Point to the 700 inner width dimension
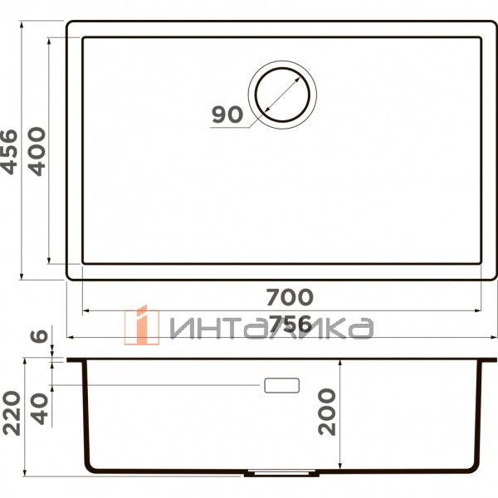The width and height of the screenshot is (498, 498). click(x=289, y=296)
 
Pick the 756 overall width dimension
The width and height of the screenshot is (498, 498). click(x=289, y=324)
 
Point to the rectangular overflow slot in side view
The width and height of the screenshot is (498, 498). click(x=281, y=385)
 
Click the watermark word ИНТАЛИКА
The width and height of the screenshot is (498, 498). click(x=270, y=330)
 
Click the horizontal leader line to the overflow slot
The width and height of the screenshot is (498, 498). click(x=158, y=385)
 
